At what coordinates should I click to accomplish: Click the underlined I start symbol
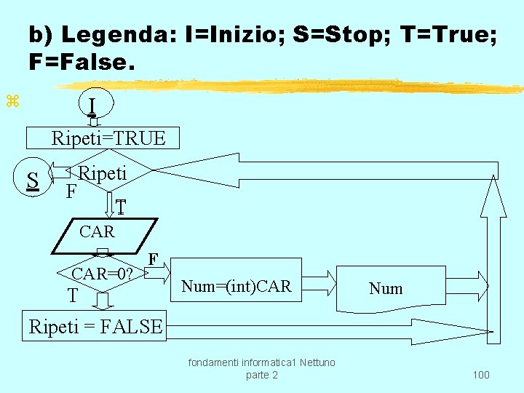[91, 107]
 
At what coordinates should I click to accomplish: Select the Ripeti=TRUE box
[108, 138]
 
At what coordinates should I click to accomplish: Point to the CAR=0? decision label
[102, 274]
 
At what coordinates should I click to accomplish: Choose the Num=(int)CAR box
[236, 287]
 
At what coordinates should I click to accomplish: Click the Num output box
[386, 288]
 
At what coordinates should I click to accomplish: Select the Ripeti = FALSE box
[95, 327]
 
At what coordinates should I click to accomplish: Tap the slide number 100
[480, 375]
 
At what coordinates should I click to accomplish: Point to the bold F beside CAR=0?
[153, 259]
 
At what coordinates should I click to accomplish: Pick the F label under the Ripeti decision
[71, 192]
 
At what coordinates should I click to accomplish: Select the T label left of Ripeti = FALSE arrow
[72, 295]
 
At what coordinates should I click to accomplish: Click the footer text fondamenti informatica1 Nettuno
[262, 362]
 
